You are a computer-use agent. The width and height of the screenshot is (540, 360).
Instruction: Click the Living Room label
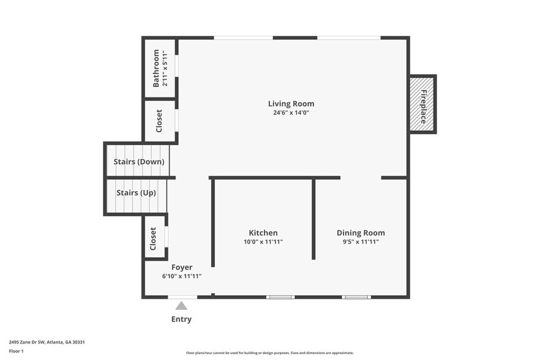tap(291, 103)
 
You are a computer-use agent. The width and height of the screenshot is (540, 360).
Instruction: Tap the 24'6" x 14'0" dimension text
tap(291, 113)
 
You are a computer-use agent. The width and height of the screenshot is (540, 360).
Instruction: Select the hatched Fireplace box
tap(422, 104)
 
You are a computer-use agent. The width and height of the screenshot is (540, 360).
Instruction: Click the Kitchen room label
tap(263, 233)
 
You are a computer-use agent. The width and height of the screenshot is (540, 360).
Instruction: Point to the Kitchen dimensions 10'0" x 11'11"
tap(263, 242)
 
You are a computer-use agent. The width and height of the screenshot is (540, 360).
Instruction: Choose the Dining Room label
tap(361, 233)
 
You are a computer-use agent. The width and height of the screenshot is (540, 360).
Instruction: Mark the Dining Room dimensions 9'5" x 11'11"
tap(361, 242)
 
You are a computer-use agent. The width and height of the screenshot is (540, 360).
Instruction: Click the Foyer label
tap(182, 267)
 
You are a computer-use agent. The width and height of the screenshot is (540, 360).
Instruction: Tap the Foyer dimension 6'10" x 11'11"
tap(182, 276)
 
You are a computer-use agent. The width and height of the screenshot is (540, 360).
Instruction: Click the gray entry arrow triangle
tap(181, 306)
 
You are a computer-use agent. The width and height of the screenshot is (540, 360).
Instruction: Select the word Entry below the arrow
tap(181, 319)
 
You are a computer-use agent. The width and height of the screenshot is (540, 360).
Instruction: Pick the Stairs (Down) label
tap(139, 162)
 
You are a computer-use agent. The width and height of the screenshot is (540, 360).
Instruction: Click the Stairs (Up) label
tap(136, 193)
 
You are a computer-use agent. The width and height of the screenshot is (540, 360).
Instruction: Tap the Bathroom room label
tap(156, 68)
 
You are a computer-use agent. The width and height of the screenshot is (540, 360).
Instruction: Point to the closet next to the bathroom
tap(159, 121)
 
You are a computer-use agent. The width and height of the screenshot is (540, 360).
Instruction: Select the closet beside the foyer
tap(153, 238)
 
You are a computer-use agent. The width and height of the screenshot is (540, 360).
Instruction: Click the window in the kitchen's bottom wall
tap(280, 297)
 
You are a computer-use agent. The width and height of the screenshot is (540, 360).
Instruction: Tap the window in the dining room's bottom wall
tap(356, 297)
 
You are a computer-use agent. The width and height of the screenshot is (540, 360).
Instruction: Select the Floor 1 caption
tap(16, 351)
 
